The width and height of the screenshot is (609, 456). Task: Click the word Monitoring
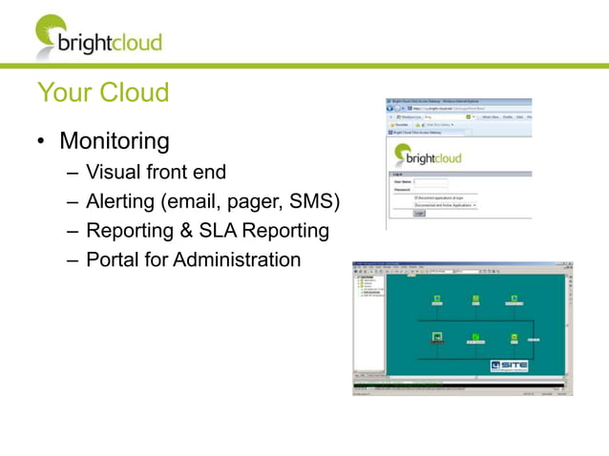[115, 142]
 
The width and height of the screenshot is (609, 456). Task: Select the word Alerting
[119, 202]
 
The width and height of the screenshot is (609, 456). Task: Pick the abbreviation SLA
[218, 231]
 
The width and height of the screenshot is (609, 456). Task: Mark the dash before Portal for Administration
[74, 260]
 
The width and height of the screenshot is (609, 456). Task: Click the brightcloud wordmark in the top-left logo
[110, 43]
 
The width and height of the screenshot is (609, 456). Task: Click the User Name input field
[431, 181]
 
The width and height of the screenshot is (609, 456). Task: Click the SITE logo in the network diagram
[509, 364]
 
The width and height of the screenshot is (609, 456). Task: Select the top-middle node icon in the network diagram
[475, 300]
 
